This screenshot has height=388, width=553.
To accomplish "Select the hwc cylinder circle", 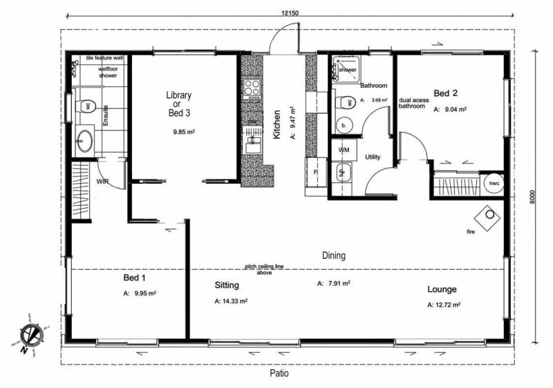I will point(494,184).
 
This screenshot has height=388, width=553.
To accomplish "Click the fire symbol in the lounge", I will point(491,215).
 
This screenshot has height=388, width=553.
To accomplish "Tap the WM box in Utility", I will point(344,150).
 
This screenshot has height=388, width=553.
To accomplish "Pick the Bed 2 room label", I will point(446,93).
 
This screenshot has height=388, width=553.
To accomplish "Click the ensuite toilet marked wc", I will point(86,106).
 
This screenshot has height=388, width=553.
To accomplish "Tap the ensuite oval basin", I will point(84,140).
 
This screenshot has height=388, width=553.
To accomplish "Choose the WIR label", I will point(103,182).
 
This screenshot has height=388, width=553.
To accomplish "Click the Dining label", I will point(334,255).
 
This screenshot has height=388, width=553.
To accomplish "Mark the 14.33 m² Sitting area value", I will point(232,301).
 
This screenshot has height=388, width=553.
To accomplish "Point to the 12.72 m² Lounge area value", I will point(444,304).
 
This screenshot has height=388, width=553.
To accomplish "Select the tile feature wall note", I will point(105,59).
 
